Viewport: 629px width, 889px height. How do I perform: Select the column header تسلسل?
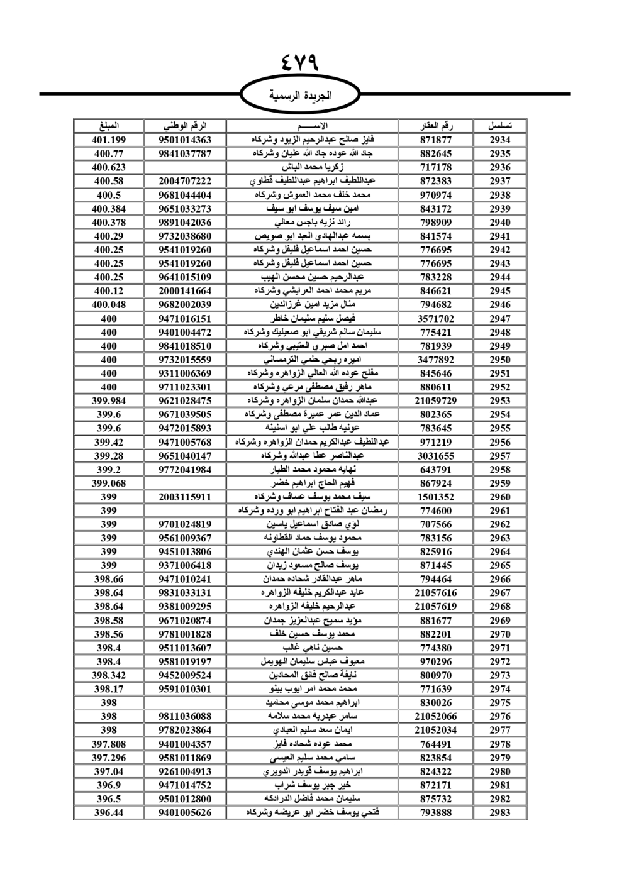[x=500, y=126]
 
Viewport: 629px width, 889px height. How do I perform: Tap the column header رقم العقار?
[x=436, y=126]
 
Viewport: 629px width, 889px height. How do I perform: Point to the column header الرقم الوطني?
[x=185, y=126]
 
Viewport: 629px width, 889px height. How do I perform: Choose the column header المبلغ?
[x=109, y=126]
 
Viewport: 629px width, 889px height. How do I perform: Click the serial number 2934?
[x=500, y=140]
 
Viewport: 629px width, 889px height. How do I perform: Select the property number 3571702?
[x=436, y=319]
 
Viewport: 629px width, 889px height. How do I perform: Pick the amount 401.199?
[x=109, y=140]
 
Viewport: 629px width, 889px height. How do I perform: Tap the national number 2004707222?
[x=185, y=181]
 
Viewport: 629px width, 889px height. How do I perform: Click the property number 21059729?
[x=436, y=401]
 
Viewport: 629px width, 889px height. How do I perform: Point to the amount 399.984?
[x=109, y=401]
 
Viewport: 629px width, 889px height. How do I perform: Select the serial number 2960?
[x=500, y=497]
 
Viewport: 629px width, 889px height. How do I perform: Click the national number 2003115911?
[x=185, y=497]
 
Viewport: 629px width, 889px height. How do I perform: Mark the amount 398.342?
[x=109, y=675]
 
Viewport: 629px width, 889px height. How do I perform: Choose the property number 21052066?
[x=436, y=717]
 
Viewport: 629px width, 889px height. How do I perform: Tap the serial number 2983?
[x=500, y=813]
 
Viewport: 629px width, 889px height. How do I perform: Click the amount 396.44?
[x=109, y=813]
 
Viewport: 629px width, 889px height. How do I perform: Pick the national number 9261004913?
[x=185, y=771]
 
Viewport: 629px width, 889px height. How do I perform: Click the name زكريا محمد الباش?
[x=312, y=167]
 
